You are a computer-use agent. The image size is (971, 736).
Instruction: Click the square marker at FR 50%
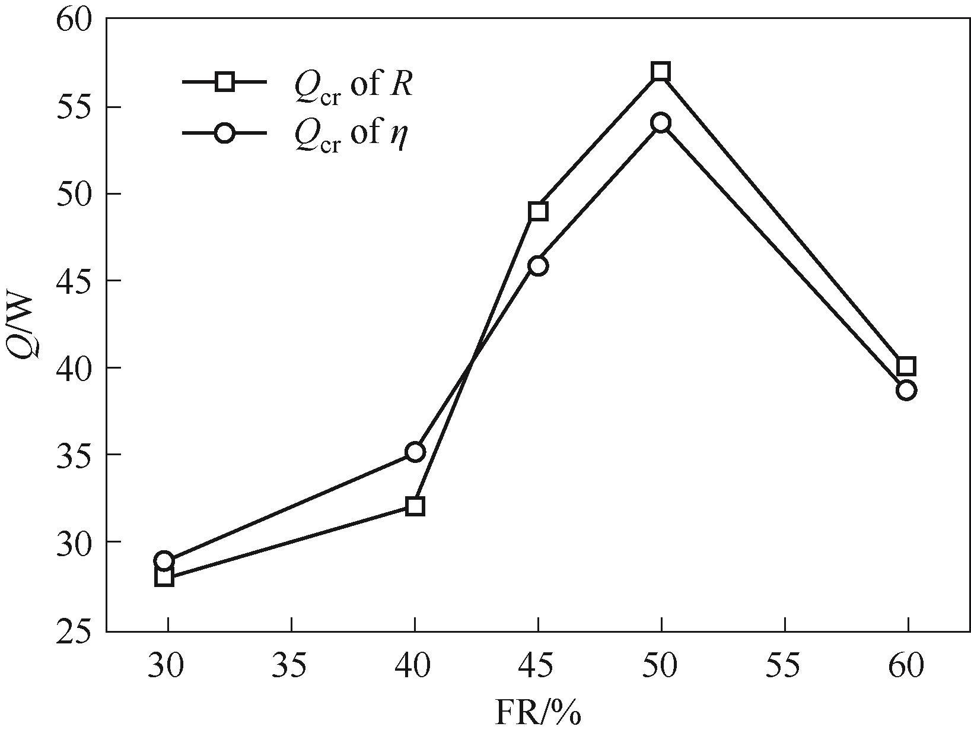click(x=661, y=72)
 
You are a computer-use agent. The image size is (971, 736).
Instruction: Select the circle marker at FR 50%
click(x=661, y=123)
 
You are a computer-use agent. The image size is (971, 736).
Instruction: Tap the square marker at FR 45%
click(x=538, y=211)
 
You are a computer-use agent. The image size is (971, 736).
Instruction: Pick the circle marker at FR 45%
click(x=538, y=265)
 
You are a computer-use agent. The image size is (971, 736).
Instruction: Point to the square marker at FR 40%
click(x=415, y=506)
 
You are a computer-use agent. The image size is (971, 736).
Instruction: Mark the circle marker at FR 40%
click(x=415, y=452)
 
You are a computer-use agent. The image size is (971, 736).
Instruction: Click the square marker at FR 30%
click(x=164, y=577)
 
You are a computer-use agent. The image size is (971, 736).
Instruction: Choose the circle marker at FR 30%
click(x=164, y=561)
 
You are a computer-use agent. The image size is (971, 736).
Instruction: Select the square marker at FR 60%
click(x=906, y=366)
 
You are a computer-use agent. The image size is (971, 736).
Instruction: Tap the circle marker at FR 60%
click(x=906, y=391)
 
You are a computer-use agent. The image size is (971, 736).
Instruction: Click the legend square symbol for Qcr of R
click(x=225, y=81)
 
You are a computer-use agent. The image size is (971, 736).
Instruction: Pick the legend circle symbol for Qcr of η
click(x=225, y=133)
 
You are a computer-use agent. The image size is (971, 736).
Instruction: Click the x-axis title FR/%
click(x=538, y=713)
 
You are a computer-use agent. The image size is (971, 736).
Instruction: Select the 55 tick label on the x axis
click(x=784, y=667)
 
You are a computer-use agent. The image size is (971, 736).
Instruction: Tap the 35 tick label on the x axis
click(x=291, y=667)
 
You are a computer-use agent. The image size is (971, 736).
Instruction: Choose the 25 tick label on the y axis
click(x=75, y=632)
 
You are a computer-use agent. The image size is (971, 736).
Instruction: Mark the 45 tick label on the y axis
click(x=75, y=281)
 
